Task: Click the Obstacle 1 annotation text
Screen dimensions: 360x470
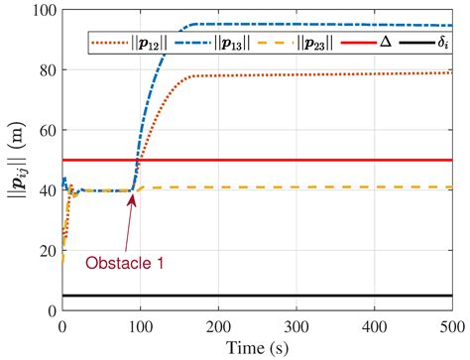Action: click(123, 263)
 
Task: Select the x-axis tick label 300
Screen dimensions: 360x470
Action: click(295, 324)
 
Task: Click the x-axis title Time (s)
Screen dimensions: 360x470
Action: click(257, 345)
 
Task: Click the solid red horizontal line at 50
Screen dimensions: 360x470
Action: click(297, 160)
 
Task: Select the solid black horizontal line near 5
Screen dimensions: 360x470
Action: click(297, 295)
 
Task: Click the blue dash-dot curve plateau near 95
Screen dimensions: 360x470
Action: click(297, 25)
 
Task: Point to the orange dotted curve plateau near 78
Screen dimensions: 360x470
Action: click(297, 75)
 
